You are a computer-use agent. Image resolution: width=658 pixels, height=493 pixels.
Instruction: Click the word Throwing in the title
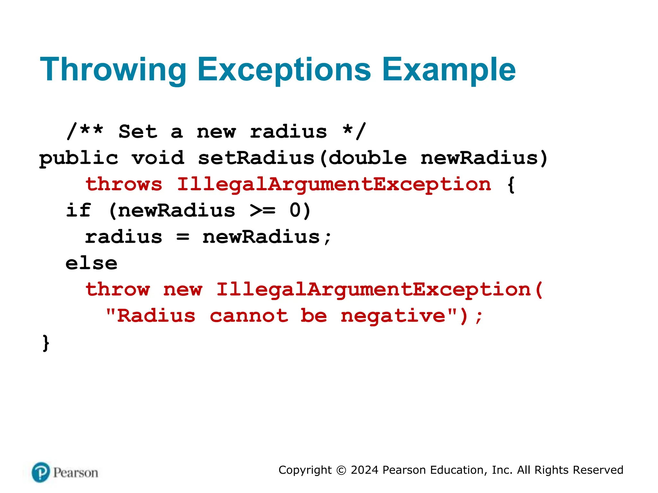(x=113, y=70)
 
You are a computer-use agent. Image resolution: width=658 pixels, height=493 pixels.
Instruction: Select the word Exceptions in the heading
(x=284, y=70)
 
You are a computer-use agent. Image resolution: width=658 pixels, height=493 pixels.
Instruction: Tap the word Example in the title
(x=449, y=70)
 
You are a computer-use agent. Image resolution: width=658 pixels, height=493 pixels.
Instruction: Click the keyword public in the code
(x=79, y=159)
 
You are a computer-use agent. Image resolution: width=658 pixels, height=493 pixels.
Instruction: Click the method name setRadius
(x=256, y=158)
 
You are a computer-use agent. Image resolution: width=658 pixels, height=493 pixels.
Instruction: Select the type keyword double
(x=368, y=158)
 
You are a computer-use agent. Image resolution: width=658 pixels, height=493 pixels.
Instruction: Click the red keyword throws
(x=124, y=185)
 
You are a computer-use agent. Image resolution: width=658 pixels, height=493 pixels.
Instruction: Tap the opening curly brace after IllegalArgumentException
(x=511, y=185)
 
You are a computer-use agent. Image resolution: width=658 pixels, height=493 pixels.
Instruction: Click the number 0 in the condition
(x=295, y=211)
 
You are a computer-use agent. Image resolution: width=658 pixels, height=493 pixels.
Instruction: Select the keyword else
(x=92, y=264)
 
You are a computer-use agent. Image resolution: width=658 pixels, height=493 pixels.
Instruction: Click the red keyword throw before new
(x=118, y=290)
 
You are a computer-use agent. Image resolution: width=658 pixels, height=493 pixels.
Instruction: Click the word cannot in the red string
(x=249, y=316)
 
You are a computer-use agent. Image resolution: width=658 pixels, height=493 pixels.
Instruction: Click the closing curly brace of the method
(x=46, y=343)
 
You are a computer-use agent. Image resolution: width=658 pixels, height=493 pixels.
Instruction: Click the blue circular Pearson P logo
(x=41, y=472)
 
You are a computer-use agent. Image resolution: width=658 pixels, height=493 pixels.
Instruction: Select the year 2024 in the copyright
(x=364, y=470)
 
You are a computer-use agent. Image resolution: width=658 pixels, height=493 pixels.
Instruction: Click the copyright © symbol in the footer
(x=341, y=470)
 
